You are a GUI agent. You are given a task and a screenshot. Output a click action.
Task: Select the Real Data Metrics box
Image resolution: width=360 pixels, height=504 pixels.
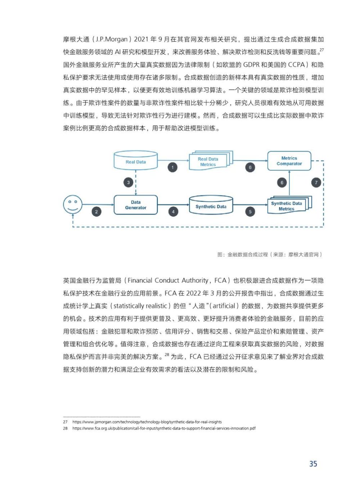pos(208,162)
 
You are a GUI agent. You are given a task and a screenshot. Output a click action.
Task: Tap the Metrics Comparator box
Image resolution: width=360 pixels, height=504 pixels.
pos(289,161)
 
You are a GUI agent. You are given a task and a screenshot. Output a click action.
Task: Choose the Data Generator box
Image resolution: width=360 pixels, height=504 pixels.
pos(136,205)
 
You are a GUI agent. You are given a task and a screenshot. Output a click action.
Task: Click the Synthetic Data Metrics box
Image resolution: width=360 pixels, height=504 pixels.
pos(287,206)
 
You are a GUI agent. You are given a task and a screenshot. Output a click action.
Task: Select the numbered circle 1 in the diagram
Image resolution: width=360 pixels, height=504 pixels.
pos(172,167)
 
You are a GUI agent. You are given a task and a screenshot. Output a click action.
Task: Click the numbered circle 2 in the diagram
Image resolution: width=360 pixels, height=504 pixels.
pos(96,211)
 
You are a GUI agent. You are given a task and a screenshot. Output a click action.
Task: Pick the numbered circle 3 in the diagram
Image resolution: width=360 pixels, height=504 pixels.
pos(129,182)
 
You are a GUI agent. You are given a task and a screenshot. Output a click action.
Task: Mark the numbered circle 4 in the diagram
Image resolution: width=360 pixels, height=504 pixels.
pos(173,211)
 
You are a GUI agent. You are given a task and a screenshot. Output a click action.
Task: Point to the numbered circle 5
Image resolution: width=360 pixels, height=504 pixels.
pos(250,211)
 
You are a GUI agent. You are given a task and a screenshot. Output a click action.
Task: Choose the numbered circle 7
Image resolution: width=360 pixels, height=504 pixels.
pos(316,182)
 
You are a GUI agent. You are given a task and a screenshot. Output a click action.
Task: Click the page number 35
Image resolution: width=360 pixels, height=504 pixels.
pos(313,464)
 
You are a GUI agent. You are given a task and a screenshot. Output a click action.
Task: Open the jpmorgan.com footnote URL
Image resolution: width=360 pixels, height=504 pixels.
pos(147,422)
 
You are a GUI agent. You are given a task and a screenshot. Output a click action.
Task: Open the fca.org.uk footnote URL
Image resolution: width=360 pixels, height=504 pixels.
pos(164,428)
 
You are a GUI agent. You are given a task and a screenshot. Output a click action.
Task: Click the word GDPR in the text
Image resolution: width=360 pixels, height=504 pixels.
pos(256,65)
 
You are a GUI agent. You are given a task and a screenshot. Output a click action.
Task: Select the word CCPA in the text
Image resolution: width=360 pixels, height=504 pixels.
pos(296,65)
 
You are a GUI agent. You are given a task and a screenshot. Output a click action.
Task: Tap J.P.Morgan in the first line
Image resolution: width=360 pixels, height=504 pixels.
pos(112,39)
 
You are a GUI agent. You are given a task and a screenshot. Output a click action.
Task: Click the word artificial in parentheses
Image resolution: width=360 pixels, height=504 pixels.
pos(224,306)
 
